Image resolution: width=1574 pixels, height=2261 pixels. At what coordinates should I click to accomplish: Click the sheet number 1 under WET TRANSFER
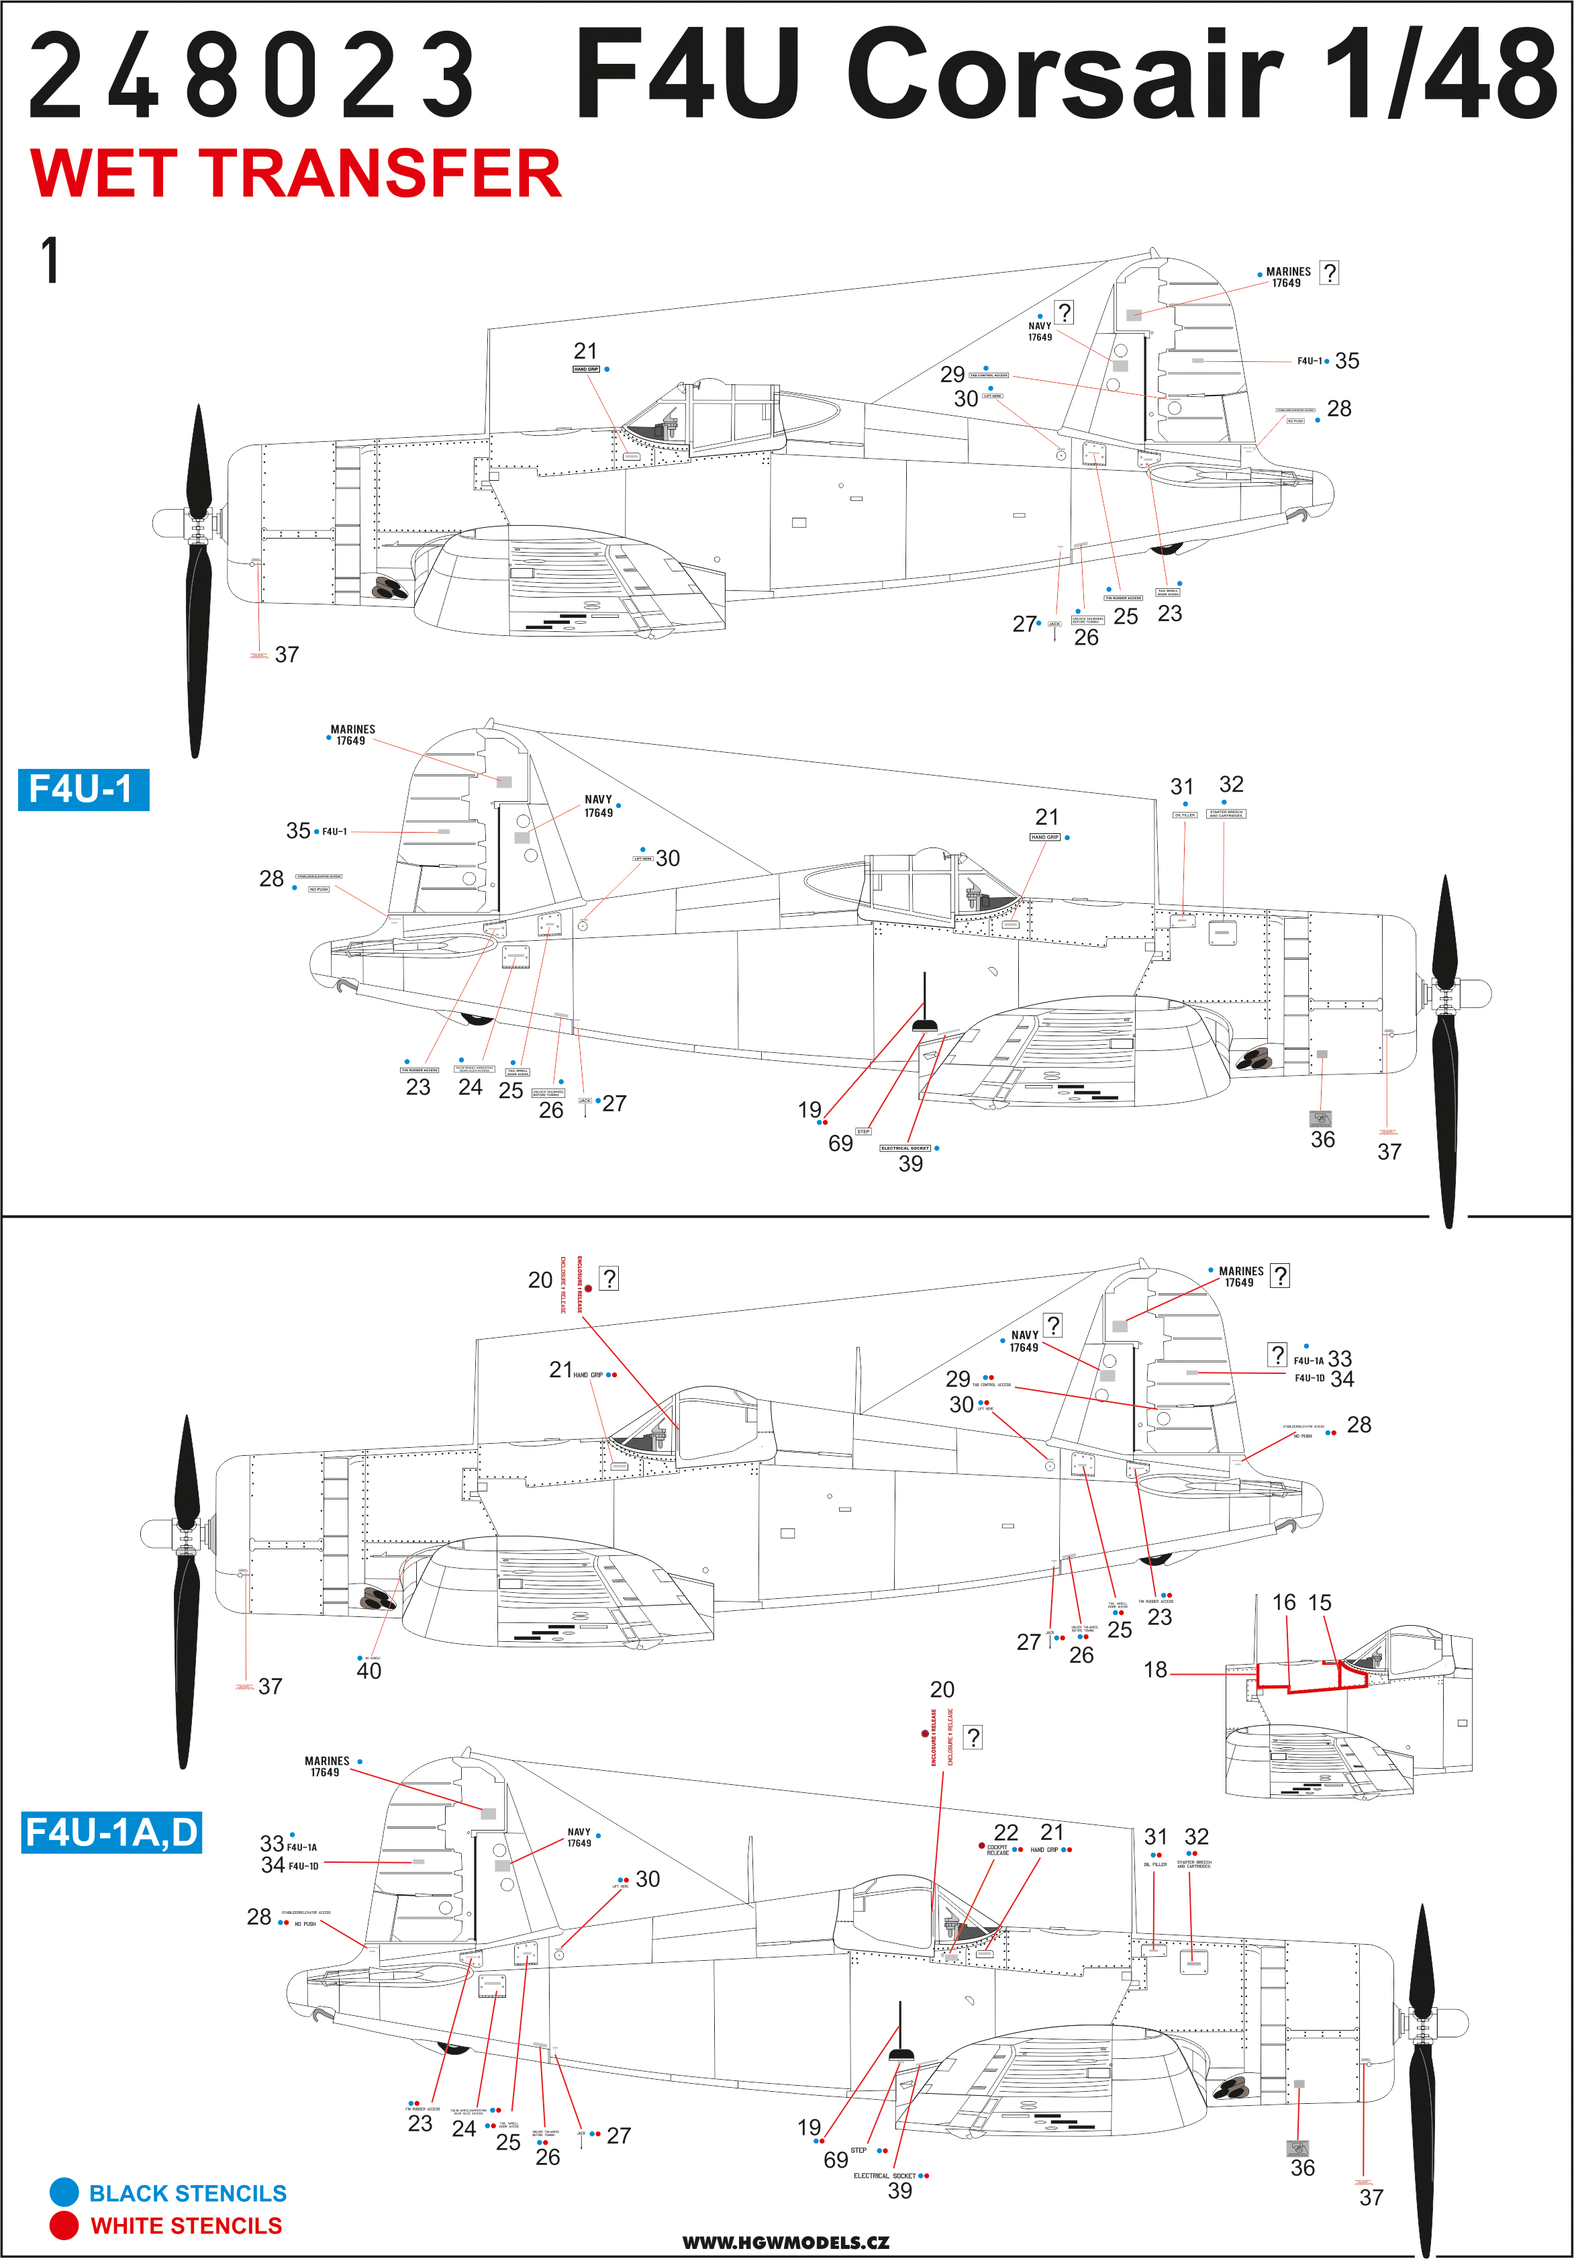click(49, 261)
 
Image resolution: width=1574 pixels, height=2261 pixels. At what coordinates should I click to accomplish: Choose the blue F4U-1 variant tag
click(83, 790)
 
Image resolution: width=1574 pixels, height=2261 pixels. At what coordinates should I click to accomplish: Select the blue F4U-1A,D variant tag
click(111, 1833)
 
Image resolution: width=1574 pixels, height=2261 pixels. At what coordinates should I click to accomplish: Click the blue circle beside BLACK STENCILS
click(64, 2192)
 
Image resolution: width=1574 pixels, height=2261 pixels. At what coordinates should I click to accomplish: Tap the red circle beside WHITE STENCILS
click(64, 2225)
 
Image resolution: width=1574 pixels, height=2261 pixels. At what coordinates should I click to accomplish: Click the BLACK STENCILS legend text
click(187, 2193)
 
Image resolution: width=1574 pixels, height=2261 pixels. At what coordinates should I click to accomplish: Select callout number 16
click(1283, 1602)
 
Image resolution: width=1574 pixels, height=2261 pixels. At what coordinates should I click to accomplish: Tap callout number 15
click(1319, 1602)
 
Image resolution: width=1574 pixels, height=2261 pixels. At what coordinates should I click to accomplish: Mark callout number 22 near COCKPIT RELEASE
click(1005, 1833)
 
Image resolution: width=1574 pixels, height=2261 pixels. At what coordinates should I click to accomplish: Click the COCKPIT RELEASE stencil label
click(997, 1850)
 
